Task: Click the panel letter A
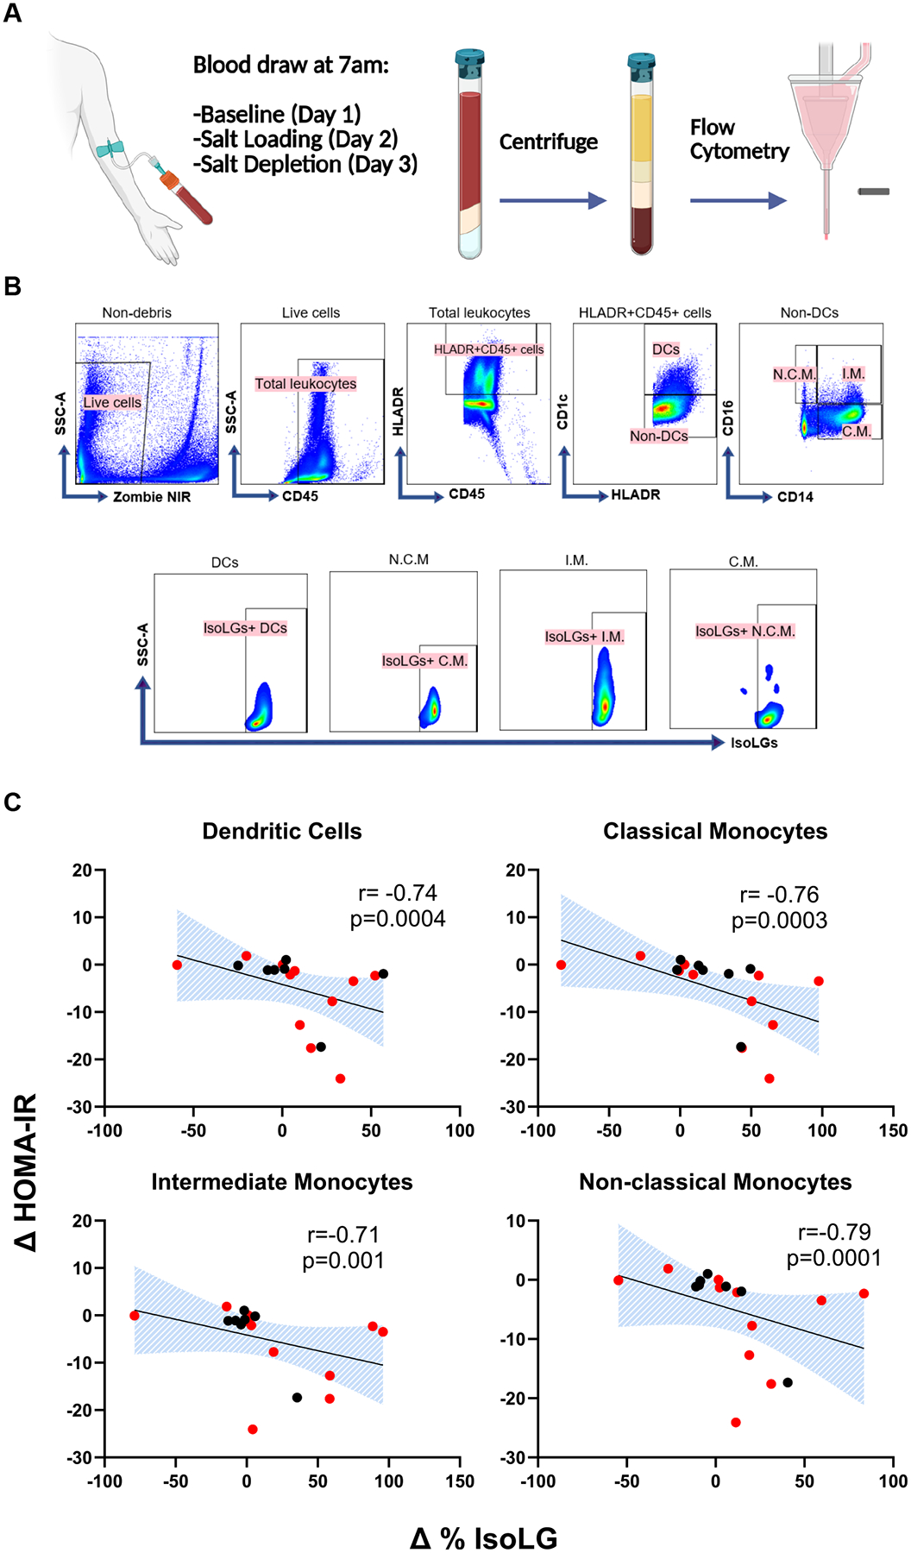12,14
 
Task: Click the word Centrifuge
549,141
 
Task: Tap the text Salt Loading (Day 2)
295,139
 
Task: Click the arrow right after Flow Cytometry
738,201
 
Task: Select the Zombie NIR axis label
152,497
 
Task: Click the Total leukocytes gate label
305,384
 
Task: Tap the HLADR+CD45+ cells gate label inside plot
489,349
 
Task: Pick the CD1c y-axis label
563,412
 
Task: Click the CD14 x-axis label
795,497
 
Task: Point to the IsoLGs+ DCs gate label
245,628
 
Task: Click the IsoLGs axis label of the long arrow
754,743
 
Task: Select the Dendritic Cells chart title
282,831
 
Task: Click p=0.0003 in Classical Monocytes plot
779,921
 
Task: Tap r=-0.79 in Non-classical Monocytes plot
834,1232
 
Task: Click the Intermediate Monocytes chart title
282,1182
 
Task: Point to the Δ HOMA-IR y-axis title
26,1173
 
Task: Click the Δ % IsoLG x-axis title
484,1537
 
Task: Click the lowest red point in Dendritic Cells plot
340,1078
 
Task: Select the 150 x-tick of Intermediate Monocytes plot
460,1481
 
